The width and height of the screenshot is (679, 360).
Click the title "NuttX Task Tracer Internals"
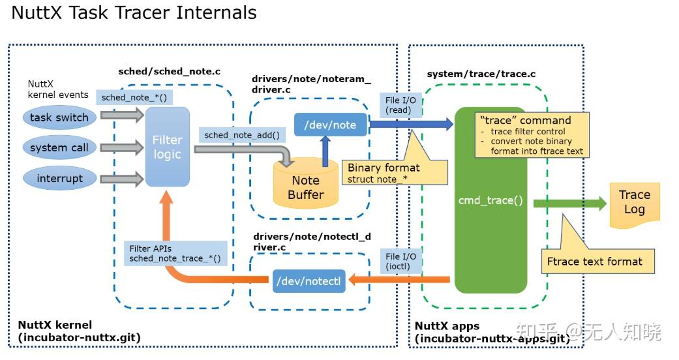pyautogui.click(x=134, y=13)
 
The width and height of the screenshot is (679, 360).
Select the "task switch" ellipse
pyautogui.click(x=59, y=117)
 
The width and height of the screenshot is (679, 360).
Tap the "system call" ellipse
pyautogui.click(x=59, y=147)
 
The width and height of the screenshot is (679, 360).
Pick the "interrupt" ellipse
pyautogui.click(x=59, y=178)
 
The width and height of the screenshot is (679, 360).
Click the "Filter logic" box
pyautogui.click(x=168, y=147)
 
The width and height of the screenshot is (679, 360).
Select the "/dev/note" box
pyautogui.click(x=331, y=125)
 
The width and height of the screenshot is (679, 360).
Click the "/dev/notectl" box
pyautogui.click(x=309, y=281)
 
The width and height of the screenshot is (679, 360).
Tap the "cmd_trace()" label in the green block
pyautogui.click(x=490, y=200)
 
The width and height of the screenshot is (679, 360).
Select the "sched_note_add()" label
pyautogui.click(x=241, y=135)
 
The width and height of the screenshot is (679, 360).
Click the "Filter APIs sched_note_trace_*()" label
pyautogui.click(x=174, y=254)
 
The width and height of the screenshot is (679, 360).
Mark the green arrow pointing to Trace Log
pyautogui.click(x=569, y=203)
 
